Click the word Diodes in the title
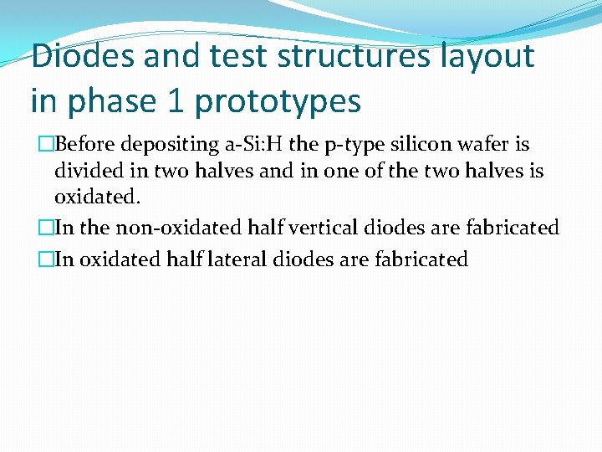pyautogui.click(x=83, y=57)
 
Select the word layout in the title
pyautogui.click(x=488, y=57)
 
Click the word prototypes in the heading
pyautogui.click(x=278, y=101)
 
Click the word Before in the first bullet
pyautogui.click(x=88, y=145)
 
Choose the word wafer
pyautogui.click(x=485, y=145)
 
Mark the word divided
pyautogui.click(x=86, y=172)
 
